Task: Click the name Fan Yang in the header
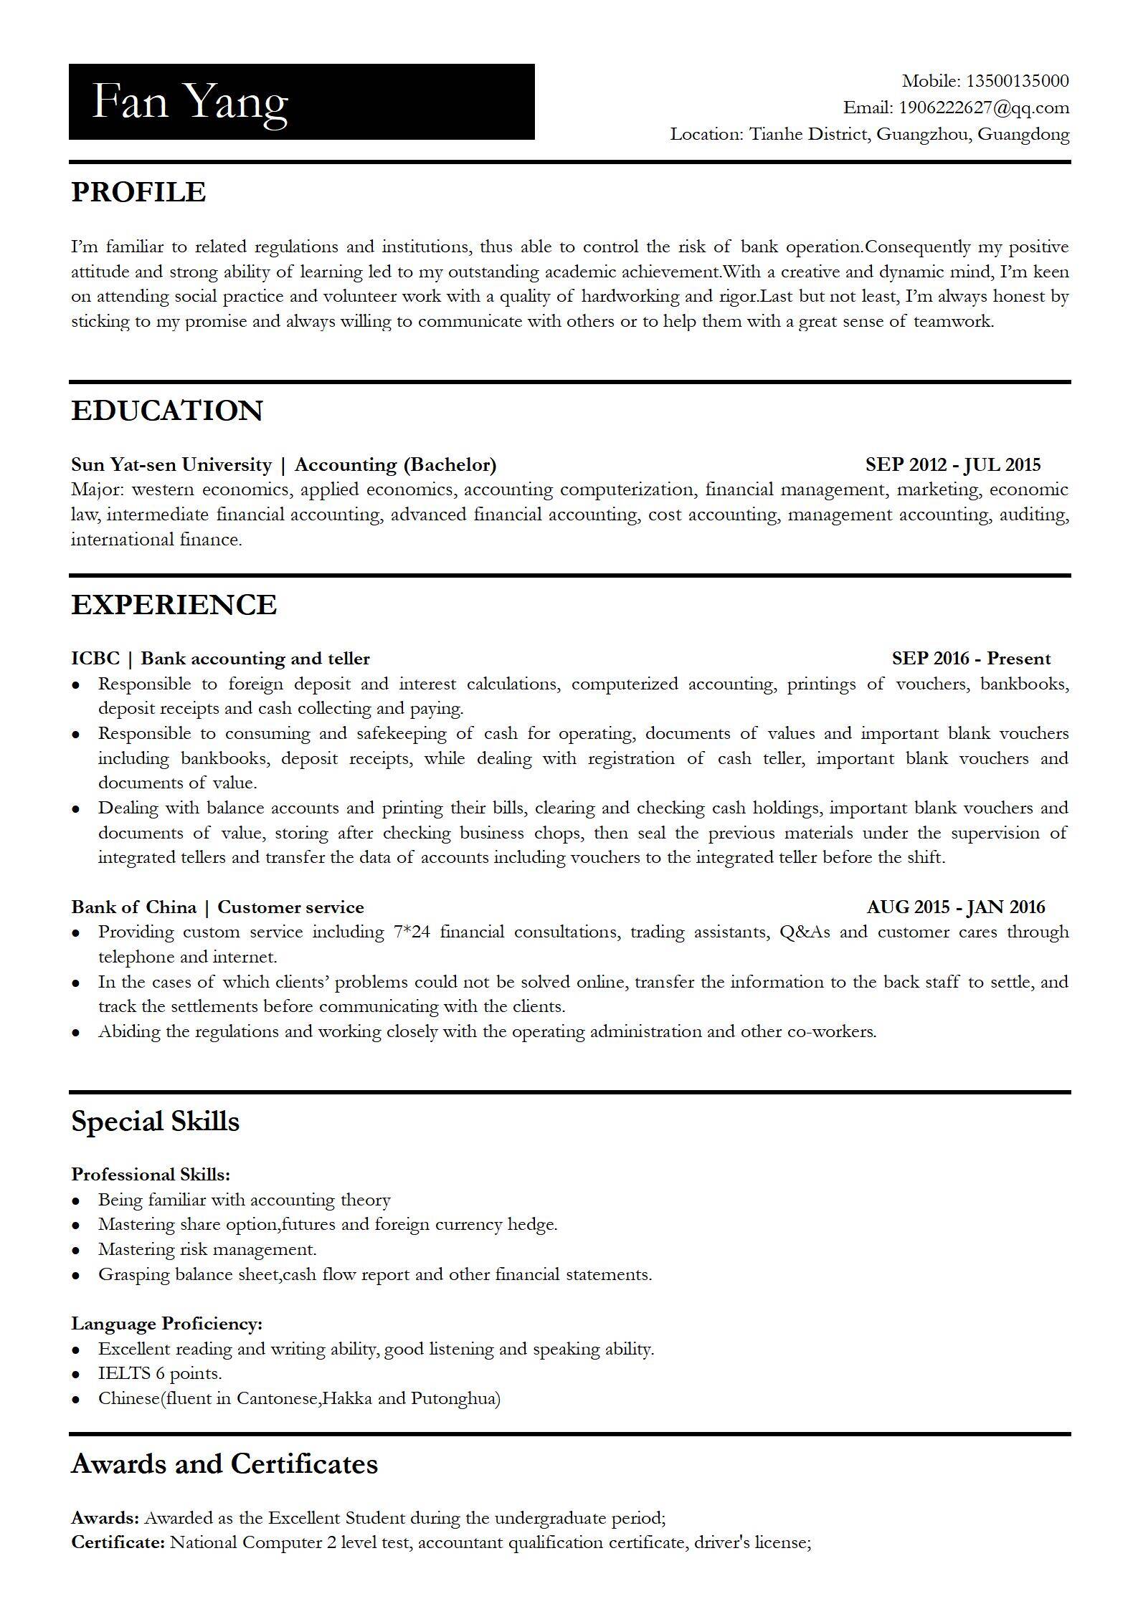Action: (190, 102)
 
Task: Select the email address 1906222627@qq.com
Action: (983, 108)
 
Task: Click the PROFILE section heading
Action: (138, 192)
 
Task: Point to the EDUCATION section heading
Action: (167, 411)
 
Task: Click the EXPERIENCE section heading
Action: (174, 605)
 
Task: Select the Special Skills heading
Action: (156, 1122)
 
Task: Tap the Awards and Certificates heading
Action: (224, 1464)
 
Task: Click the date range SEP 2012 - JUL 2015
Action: (952, 465)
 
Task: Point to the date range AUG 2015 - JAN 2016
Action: (955, 907)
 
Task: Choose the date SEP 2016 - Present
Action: (971, 659)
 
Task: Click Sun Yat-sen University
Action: (171, 465)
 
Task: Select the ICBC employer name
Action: (95, 659)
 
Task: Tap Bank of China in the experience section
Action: (133, 907)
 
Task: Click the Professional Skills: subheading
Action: (151, 1175)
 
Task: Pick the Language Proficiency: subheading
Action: (166, 1324)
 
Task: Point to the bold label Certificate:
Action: (118, 1542)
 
